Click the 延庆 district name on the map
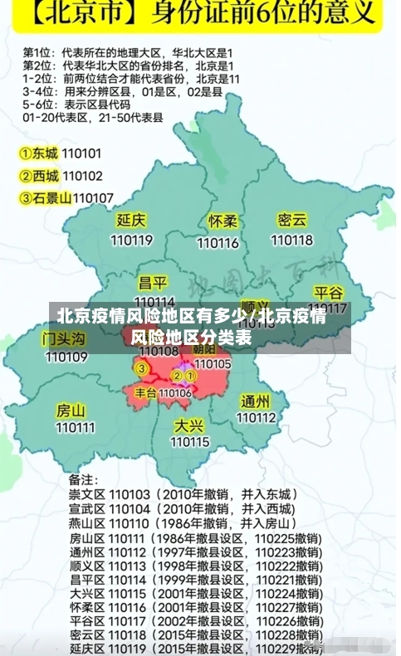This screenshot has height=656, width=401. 131,221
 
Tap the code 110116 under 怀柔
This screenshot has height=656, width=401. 218,243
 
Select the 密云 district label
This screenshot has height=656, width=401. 292,220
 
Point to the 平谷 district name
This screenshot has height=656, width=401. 329,293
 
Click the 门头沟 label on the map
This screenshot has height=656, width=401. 64,338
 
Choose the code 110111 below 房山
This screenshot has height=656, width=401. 76,428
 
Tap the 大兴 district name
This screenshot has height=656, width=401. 189,425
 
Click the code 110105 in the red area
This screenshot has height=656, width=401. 213,363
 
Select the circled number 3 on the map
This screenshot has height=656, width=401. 142,368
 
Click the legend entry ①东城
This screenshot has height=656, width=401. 39,153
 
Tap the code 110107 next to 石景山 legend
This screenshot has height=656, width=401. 93,197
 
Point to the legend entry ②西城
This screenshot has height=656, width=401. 39,176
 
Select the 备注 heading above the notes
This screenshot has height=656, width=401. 83,479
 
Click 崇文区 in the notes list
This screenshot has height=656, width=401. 86,493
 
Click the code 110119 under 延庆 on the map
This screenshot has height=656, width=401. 131,241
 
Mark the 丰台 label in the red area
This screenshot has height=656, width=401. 145,392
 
